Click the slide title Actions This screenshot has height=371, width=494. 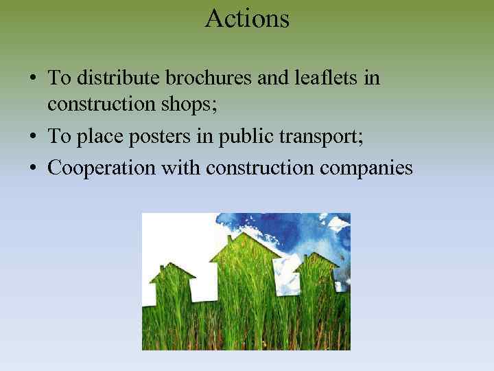coord(247,19)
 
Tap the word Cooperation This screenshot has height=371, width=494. coord(101,168)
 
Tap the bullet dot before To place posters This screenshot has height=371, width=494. coord(33,137)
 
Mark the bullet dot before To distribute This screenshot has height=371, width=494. coord(33,78)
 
